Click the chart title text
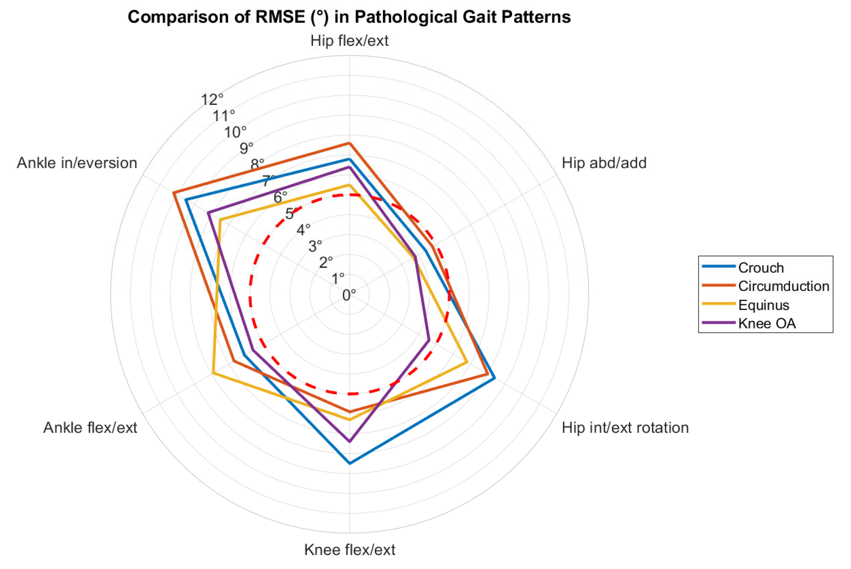pyautogui.click(x=349, y=17)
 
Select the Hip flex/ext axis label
pyautogui.click(x=349, y=41)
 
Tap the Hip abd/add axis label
pyautogui.click(x=604, y=163)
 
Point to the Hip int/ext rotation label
pyautogui.click(x=625, y=428)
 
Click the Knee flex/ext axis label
pyautogui.click(x=349, y=550)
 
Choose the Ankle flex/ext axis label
pyautogui.click(x=90, y=428)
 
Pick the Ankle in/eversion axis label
pyautogui.click(x=77, y=163)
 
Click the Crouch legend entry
pyautogui.click(x=760, y=268)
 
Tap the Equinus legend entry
pyautogui.click(x=763, y=305)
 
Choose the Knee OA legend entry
pyautogui.click(x=767, y=323)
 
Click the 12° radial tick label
pyautogui.click(x=212, y=99)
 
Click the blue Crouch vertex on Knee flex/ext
pyautogui.click(x=350, y=463)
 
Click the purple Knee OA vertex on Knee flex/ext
pyautogui.click(x=350, y=442)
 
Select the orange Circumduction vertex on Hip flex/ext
pyautogui.click(x=349, y=143)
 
